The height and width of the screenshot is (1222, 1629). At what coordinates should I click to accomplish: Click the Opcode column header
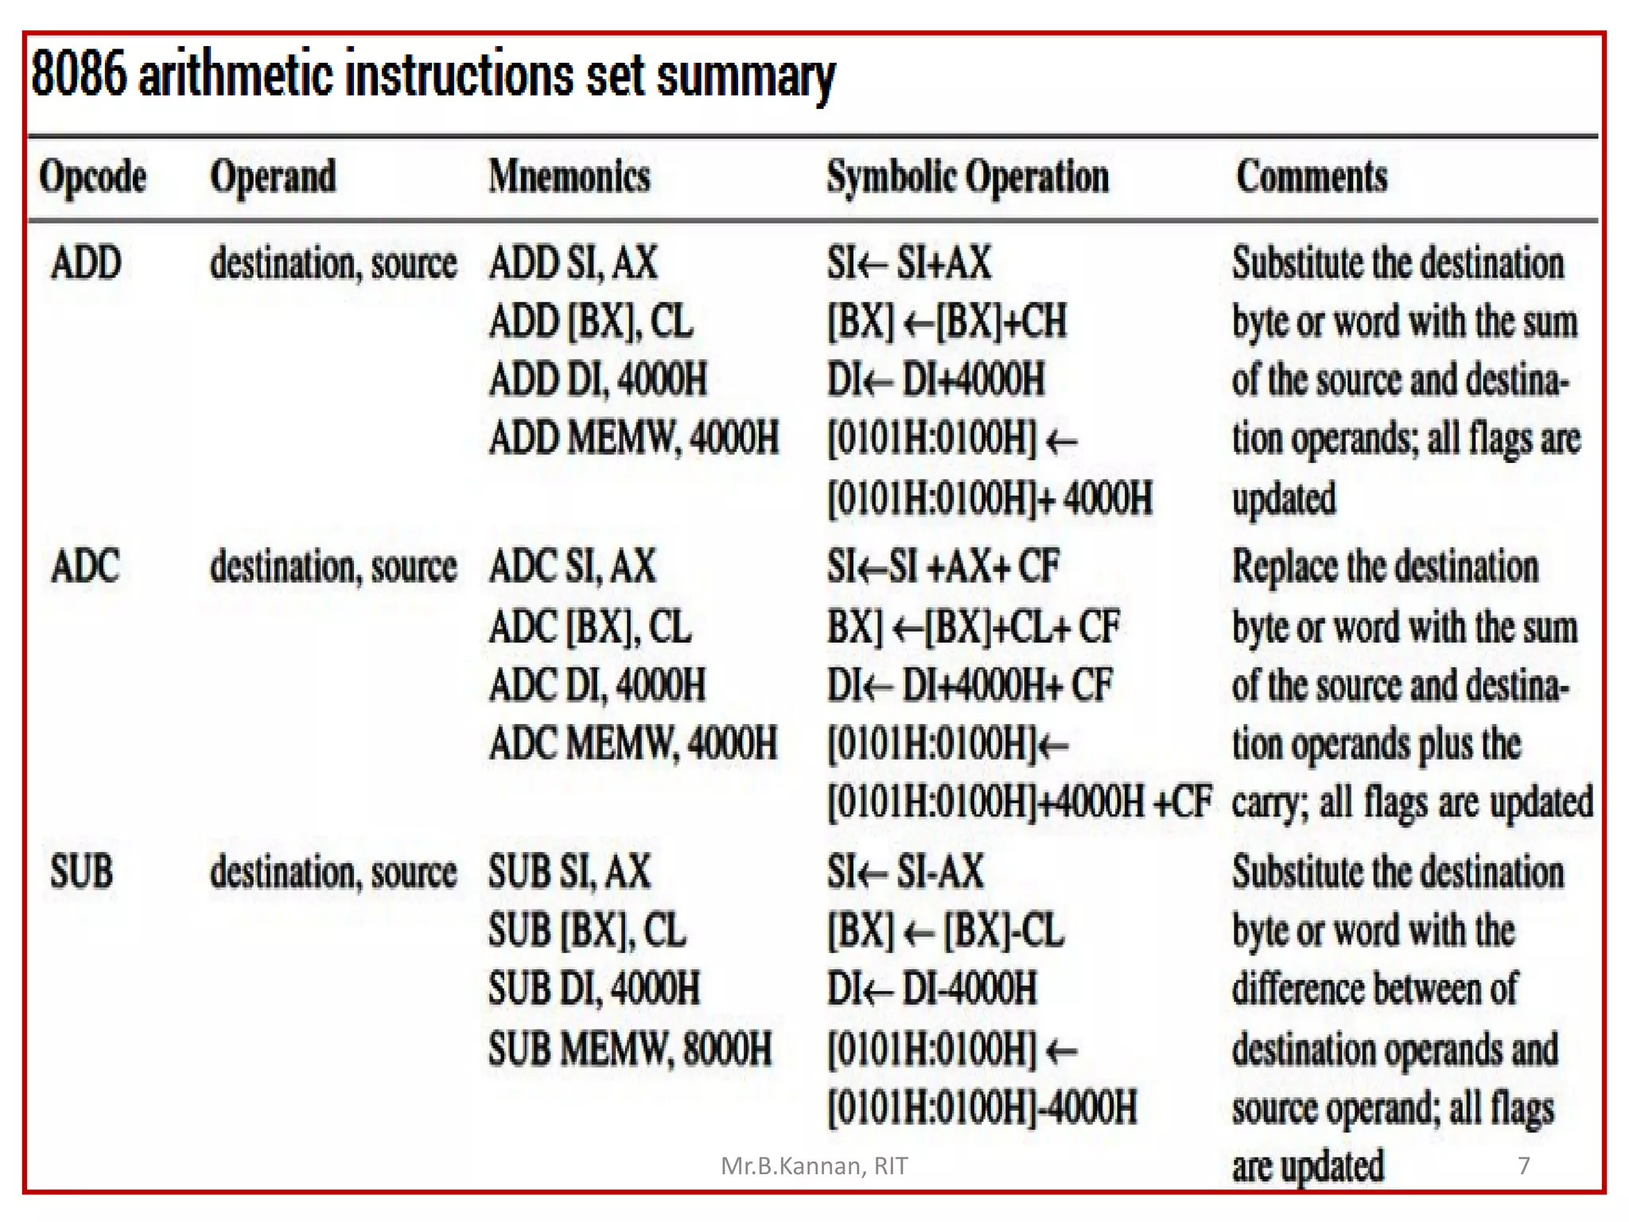point(93,177)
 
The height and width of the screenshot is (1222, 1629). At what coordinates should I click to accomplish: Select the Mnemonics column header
point(570,176)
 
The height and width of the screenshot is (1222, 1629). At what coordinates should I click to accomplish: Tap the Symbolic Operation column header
point(967,177)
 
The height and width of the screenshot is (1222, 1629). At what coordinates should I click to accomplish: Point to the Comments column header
point(1312,176)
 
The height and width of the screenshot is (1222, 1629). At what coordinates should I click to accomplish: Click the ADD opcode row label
point(86,263)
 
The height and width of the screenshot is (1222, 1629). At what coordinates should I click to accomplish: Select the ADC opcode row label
point(85,566)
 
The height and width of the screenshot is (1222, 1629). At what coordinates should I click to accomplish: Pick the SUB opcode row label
point(81,871)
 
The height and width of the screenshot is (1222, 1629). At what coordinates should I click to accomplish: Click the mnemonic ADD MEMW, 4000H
point(634,438)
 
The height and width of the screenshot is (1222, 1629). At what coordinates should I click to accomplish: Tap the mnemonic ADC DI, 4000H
point(597,685)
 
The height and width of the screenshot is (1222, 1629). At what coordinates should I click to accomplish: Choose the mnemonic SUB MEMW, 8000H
point(630,1049)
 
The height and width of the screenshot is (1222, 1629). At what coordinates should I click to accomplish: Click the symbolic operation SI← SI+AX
point(909,263)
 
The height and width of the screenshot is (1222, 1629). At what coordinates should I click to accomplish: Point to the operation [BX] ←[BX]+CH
point(947,321)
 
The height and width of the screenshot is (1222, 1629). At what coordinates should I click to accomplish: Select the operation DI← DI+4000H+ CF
point(970,685)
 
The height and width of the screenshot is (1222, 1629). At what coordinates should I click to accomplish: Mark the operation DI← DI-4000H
point(932,989)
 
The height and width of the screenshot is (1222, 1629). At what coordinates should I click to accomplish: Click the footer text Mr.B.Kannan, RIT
point(814,1166)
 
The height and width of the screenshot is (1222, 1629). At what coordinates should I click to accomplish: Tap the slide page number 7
point(1523,1166)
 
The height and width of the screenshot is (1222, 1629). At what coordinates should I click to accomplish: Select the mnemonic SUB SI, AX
point(570,871)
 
